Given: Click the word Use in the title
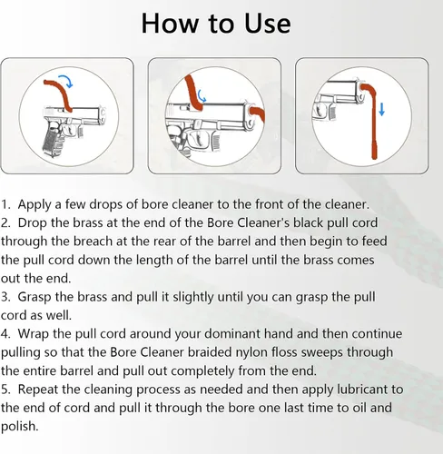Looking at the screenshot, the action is pos(268,24).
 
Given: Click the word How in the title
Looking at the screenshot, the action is pos(169,24).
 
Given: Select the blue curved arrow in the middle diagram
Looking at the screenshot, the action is pos(202,96).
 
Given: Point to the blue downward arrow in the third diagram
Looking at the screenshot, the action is pos(381,109).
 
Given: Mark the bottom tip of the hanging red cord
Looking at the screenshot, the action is pos(375,159).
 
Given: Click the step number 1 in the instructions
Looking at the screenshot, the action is pos(5,204).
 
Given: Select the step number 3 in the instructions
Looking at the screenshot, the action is pos(5,297).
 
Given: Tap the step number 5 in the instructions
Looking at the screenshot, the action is pos(5,390).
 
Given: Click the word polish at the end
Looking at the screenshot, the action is pos(19,427).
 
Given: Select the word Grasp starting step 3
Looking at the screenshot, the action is pos(34,298).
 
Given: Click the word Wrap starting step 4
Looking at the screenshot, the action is pos(33,335).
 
